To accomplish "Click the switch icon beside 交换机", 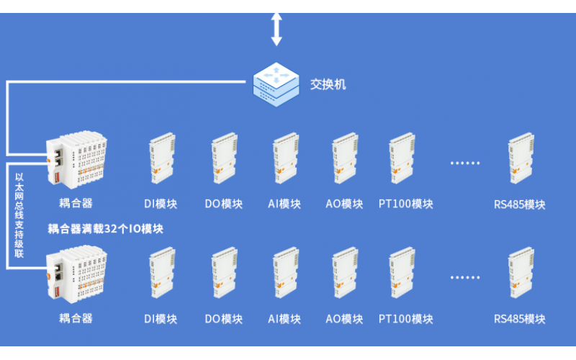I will (276, 84).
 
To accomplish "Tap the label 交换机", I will (328, 84).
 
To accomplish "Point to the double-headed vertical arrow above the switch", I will (276, 30).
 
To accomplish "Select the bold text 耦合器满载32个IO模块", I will (106, 229).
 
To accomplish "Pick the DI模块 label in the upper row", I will (160, 204).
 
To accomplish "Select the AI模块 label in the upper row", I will (284, 204).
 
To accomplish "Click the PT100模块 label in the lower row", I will (406, 319).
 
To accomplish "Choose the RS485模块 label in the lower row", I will (519, 319).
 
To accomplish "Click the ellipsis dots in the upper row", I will (464, 163).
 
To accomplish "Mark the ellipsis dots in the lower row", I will (464, 277).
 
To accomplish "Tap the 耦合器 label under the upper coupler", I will (76, 203).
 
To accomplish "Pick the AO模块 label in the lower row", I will (344, 319).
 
